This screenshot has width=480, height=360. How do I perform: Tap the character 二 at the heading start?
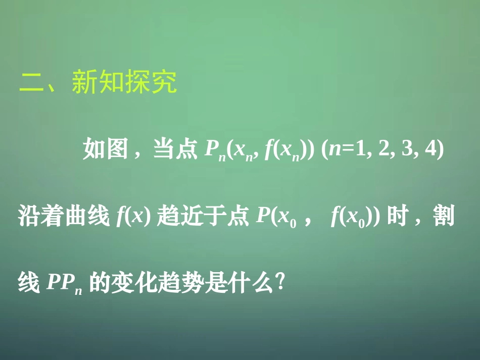(31, 82)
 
